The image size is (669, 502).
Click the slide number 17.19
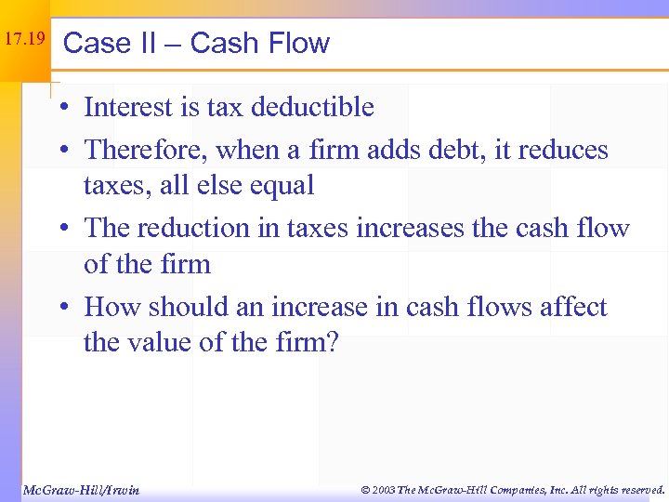click(x=24, y=40)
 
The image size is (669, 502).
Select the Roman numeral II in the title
click(x=154, y=44)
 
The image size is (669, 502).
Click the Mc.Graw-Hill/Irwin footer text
click(x=80, y=490)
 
